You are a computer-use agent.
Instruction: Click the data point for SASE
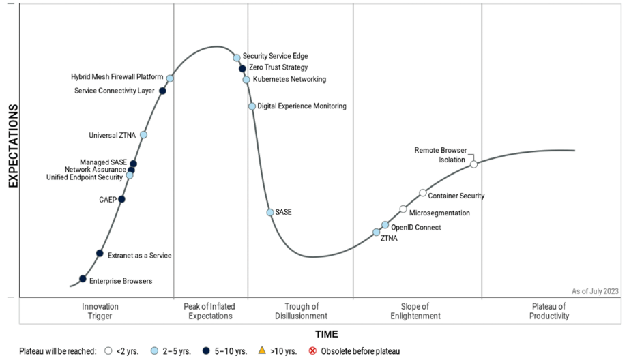tap(270, 213)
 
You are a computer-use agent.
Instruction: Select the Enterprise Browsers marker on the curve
tap(83, 278)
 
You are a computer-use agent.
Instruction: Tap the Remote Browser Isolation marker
tap(473, 164)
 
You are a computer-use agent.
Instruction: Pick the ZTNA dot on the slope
tap(376, 232)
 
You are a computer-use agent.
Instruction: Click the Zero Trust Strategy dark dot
tap(242, 68)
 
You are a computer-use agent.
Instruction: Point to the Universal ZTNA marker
tap(143, 135)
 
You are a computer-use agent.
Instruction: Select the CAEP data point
tap(121, 199)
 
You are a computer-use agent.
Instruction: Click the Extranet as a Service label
tap(140, 256)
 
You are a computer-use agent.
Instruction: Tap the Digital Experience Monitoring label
tap(302, 106)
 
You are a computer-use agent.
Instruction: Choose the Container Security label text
tap(456, 196)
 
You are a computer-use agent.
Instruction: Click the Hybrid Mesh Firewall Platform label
tap(117, 77)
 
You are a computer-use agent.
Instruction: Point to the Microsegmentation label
tap(439, 213)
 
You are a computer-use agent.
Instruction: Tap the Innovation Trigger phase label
tap(100, 312)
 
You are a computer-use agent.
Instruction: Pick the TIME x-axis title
tap(326, 334)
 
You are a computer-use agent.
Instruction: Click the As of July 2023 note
tap(595, 291)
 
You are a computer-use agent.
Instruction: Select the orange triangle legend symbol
tap(262, 351)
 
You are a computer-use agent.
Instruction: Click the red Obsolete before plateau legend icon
tap(314, 351)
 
